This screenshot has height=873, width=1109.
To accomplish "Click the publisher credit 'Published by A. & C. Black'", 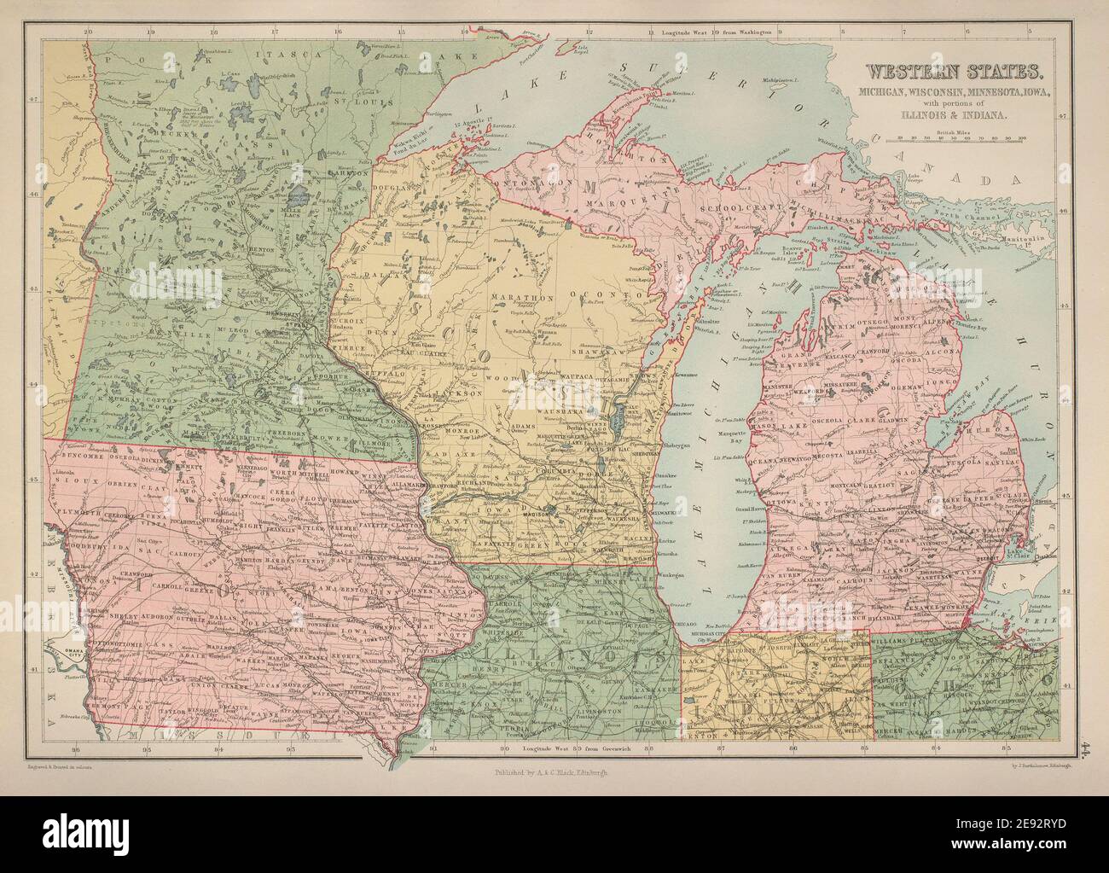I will click(x=554, y=775).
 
